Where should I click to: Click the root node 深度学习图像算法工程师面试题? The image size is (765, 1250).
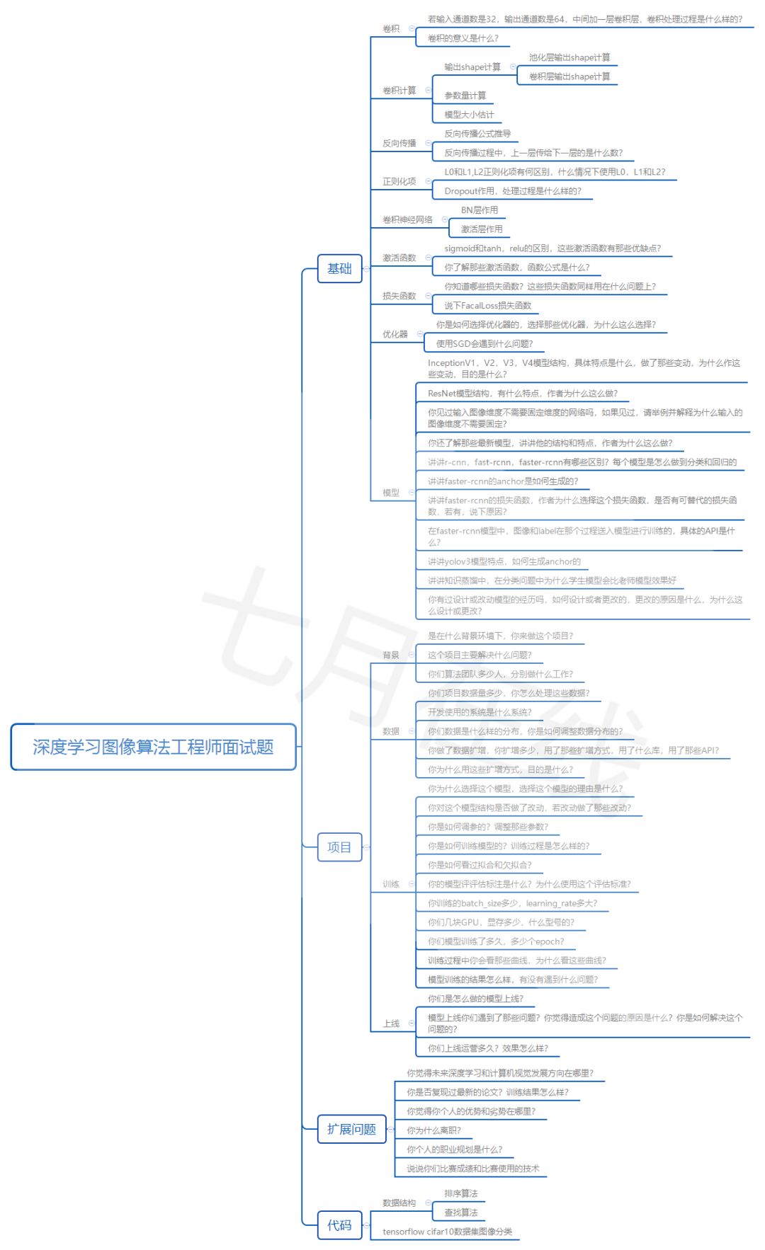[153, 747]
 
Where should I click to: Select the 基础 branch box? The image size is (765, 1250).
[339, 268]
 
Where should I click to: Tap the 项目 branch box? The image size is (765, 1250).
[339, 847]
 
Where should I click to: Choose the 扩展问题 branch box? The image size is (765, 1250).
[351, 1129]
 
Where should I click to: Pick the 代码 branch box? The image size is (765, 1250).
[339, 1225]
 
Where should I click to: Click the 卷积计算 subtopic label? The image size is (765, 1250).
[399, 90]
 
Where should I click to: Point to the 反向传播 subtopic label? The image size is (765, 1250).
[399, 143]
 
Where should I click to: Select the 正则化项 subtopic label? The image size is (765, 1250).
[399, 181]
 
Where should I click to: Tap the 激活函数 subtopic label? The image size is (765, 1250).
[399, 258]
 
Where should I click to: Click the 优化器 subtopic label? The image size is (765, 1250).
[395, 334]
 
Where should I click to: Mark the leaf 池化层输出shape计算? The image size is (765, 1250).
[569, 57]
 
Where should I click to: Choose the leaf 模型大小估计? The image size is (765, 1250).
[469, 115]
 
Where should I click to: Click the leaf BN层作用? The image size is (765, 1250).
[480, 210]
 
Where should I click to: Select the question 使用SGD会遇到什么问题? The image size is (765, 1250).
[484, 344]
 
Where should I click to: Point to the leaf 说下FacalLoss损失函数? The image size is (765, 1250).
[487, 306]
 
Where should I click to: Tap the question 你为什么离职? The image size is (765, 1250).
[433, 1130]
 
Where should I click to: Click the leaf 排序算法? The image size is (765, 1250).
[460, 1193]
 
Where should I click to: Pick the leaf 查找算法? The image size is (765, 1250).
[460, 1212]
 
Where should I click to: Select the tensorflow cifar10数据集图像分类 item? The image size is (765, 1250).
[447, 1232]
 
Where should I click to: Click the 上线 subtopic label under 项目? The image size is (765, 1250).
[391, 1023]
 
